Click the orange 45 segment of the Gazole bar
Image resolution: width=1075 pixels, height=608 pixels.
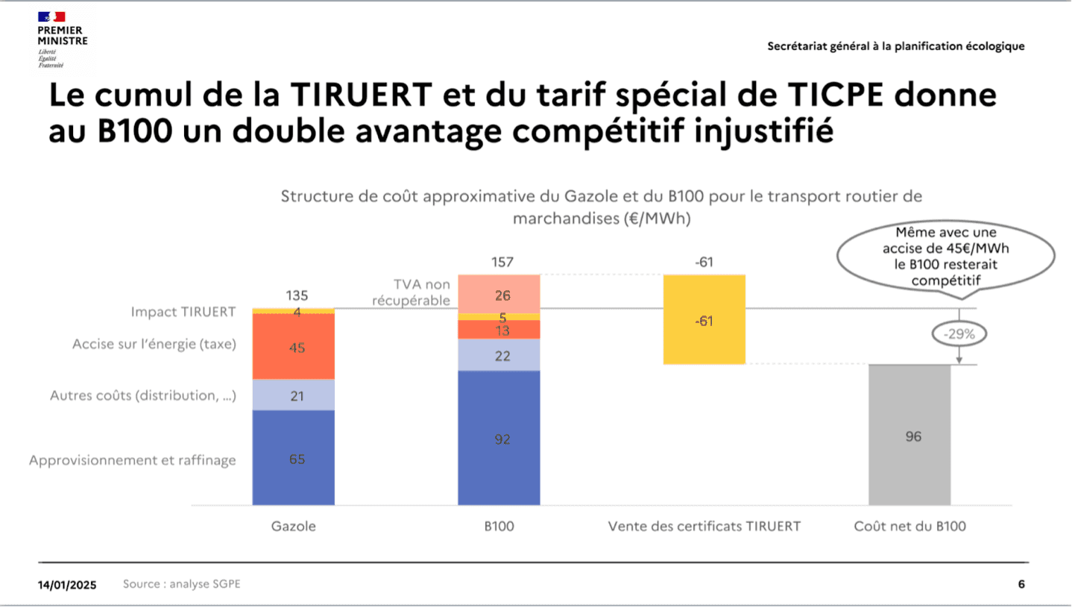click(294, 347)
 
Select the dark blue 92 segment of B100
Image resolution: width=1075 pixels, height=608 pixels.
click(498, 439)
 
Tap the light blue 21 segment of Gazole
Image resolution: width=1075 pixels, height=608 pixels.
click(294, 395)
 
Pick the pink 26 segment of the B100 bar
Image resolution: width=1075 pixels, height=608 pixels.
click(498, 294)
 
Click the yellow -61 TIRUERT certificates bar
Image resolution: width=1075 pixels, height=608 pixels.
click(704, 320)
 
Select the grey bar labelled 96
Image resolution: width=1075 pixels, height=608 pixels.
click(910, 436)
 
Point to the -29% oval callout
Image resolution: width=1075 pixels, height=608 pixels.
click(959, 334)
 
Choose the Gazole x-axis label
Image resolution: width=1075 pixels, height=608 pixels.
click(294, 526)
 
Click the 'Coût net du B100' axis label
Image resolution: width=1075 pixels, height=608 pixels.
click(910, 526)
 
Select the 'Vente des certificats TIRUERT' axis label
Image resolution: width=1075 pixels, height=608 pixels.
click(704, 526)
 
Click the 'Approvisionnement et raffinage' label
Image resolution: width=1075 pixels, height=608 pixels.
click(133, 460)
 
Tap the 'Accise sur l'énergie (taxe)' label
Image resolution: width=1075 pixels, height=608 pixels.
click(154, 345)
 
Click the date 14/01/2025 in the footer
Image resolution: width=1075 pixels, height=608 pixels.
click(67, 585)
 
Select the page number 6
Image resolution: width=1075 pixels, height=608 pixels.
click(1021, 584)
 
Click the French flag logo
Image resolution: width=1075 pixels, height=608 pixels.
click(51, 16)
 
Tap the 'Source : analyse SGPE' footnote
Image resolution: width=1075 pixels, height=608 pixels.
click(182, 584)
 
